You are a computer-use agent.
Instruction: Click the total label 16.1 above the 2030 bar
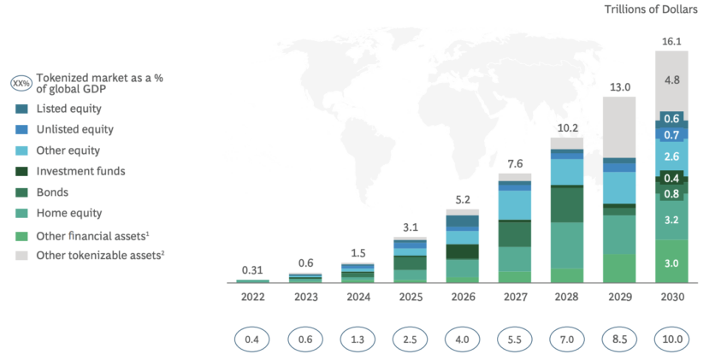click(x=671, y=39)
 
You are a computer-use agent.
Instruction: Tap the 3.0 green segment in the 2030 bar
click(x=671, y=263)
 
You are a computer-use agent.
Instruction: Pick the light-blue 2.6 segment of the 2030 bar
click(x=671, y=157)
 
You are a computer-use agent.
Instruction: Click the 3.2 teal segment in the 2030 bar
click(x=671, y=221)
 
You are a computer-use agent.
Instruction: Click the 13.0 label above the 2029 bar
click(x=618, y=86)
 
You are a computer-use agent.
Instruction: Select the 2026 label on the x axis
click(x=462, y=298)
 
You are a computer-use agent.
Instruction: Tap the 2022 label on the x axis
click(x=252, y=298)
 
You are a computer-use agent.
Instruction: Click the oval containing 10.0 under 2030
click(x=671, y=339)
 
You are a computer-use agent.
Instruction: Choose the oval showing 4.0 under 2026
click(x=462, y=339)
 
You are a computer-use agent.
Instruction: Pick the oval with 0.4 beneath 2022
click(x=252, y=339)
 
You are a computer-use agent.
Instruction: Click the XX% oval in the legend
click(x=21, y=84)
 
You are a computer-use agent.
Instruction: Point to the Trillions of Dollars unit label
click(x=653, y=9)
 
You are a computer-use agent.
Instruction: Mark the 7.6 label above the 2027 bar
click(x=514, y=165)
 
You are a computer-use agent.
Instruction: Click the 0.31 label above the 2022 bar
click(x=252, y=270)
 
